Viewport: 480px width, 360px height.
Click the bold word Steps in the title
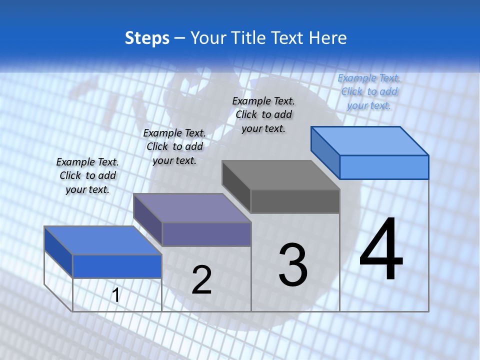(147, 38)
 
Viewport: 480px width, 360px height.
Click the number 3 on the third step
(293, 264)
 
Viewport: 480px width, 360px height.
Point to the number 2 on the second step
(201, 279)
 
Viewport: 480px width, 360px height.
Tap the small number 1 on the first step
(115, 295)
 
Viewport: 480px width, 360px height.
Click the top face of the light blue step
(370, 140)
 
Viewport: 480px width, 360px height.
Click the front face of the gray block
(295, 201)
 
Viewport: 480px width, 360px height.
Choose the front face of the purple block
(206, 234)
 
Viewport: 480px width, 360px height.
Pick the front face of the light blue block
(384, 167)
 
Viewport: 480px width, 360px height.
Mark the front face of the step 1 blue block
(117, 266)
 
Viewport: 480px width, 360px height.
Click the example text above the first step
(87, 175)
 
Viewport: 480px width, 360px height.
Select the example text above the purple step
(174, 146)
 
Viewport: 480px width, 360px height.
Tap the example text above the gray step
(263, 114)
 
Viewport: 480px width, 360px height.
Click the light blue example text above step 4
(369, 91)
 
